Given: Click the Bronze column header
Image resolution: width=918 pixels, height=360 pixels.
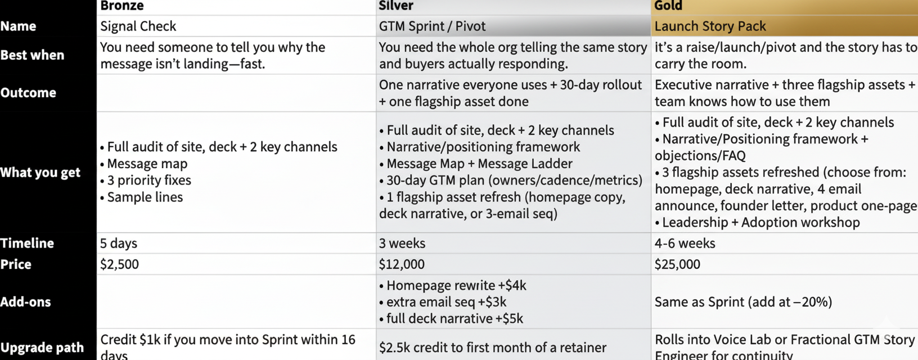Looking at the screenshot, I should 122,6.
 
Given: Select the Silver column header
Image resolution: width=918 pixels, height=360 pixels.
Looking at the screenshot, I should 396,6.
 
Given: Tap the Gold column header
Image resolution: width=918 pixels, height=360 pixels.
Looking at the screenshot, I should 668,6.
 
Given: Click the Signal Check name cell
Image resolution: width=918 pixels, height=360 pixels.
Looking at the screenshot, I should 138,26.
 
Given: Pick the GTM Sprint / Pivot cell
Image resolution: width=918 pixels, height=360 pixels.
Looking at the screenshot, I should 432,26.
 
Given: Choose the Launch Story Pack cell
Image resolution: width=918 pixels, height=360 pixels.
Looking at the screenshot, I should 710,26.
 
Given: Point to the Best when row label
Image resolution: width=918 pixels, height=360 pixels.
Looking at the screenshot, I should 32,55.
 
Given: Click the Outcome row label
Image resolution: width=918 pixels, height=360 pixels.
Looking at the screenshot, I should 28,93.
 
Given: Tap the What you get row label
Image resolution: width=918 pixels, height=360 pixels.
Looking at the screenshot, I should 40,173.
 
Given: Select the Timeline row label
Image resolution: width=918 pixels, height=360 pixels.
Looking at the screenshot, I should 27,244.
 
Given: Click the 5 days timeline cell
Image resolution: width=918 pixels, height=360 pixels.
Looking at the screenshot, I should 119,244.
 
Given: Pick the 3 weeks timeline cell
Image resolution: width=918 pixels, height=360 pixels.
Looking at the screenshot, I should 402,244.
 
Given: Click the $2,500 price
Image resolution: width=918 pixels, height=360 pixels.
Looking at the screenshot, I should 119,264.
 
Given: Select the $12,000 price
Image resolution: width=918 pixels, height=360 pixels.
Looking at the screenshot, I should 402,264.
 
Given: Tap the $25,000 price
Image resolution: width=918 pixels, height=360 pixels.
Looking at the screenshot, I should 677,264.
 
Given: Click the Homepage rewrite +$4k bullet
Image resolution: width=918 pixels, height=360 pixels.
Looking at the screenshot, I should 456,286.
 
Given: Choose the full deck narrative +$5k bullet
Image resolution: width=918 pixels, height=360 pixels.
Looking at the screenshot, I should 454,319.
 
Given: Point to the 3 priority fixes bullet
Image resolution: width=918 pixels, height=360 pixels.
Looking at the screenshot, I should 148,181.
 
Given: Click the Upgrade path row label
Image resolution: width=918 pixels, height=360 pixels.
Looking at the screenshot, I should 42,348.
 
